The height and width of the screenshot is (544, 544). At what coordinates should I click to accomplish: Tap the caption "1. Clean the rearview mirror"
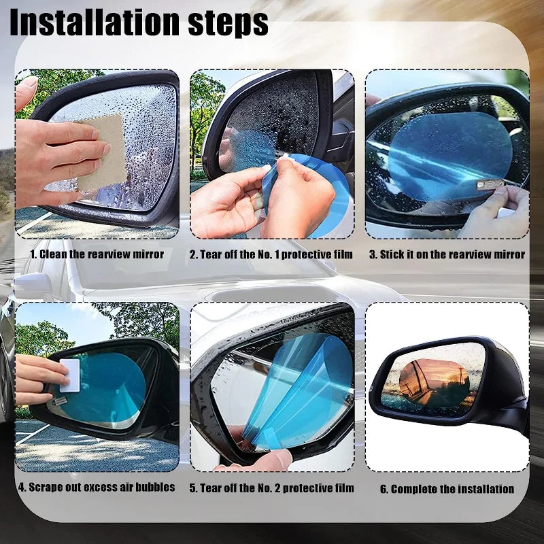tap(97, 254)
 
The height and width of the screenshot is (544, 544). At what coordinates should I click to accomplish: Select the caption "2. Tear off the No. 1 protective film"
tap(272, 254)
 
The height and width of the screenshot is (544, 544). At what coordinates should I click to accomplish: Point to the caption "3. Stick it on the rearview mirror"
tap(447, 254)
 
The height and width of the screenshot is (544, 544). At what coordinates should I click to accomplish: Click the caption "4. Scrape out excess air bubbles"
tap(97, 487)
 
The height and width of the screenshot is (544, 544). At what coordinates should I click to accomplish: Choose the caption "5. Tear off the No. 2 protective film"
tap(272, 488)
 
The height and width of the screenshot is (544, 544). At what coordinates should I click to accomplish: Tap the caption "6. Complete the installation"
tap(447, 488)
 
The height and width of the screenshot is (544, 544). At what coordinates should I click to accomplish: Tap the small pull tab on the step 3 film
tap(490, 184)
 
